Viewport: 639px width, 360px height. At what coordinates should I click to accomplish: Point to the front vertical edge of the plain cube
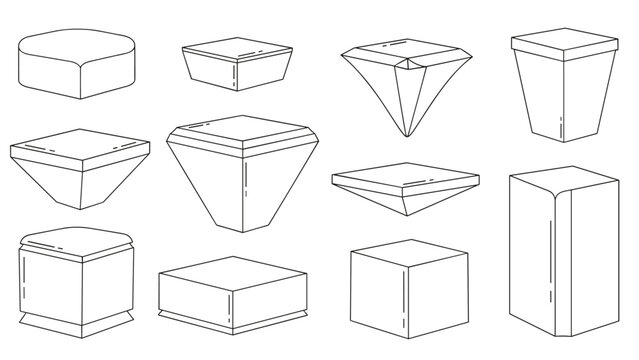click(x=402, y=301)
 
